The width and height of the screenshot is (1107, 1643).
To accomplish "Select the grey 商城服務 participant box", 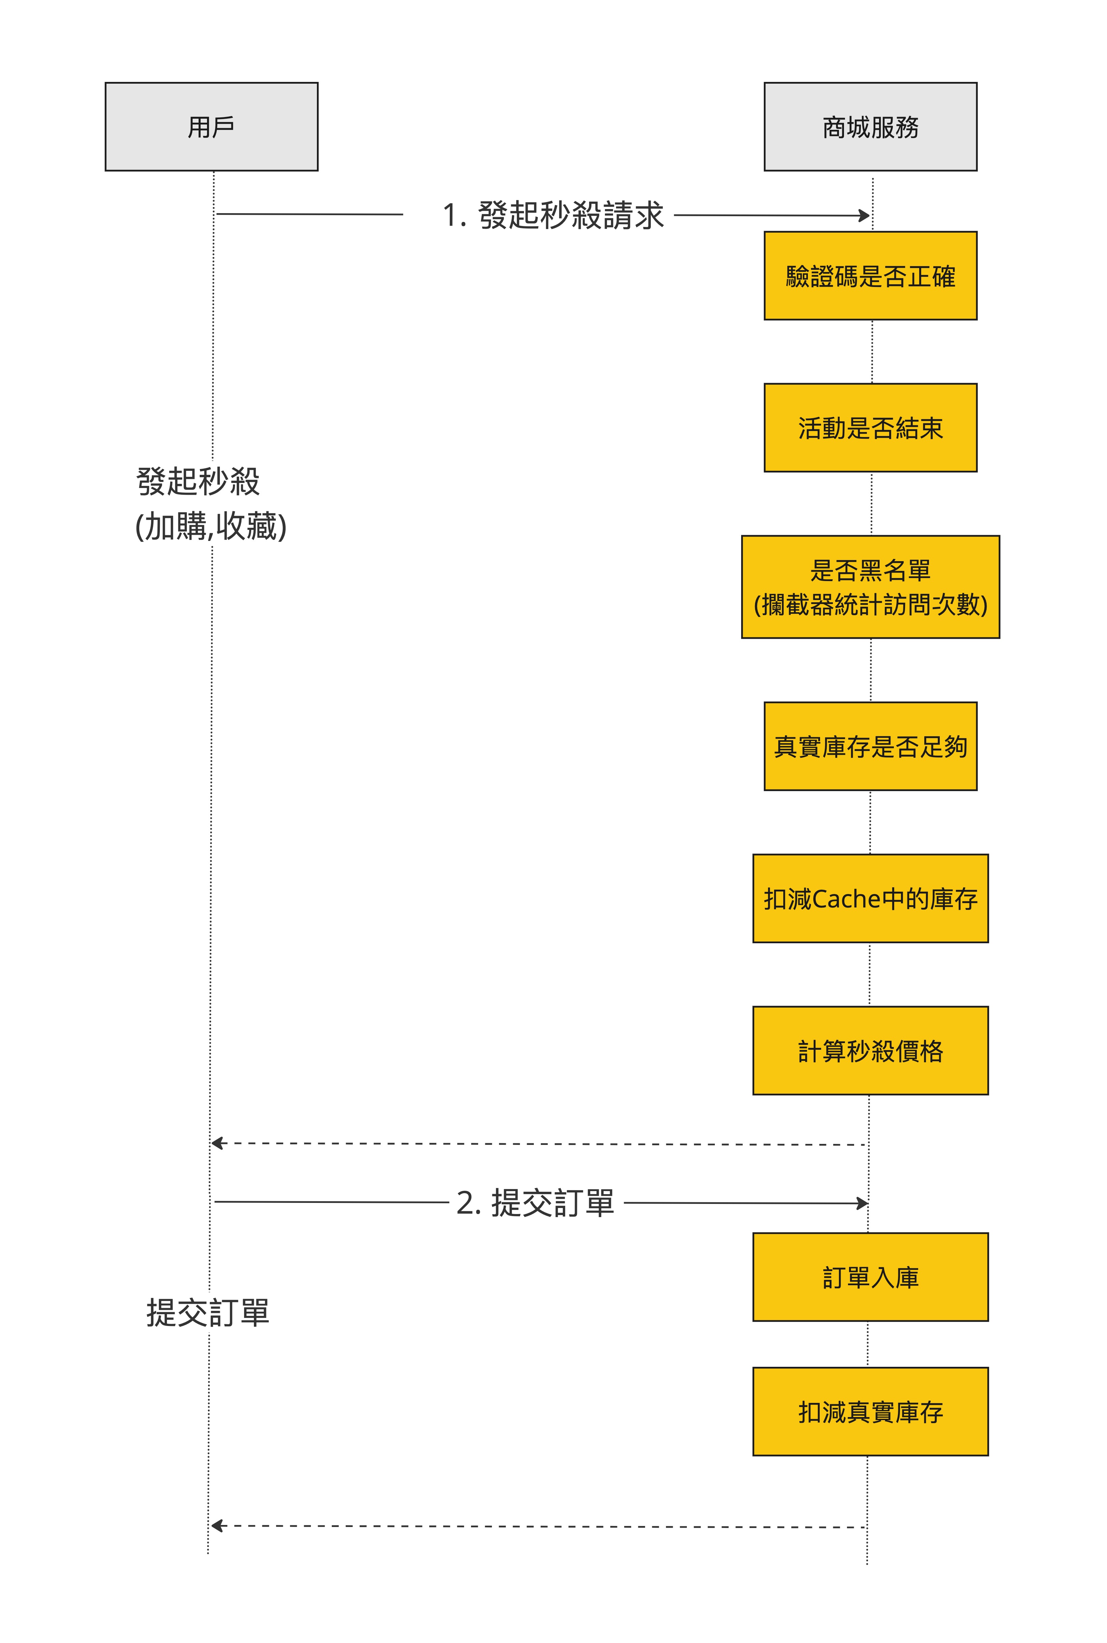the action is (x=871, y=126).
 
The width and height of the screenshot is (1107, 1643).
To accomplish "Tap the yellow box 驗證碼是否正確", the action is (x=871, y=276).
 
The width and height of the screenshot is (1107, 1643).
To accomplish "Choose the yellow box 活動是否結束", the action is (x=871, y=428).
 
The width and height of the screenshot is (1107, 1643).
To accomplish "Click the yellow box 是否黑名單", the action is (x=871, y=587).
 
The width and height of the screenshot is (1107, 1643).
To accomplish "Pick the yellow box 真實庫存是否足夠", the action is (x=871, y=746).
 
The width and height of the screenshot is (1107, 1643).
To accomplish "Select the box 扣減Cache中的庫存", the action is (x=871, y=898).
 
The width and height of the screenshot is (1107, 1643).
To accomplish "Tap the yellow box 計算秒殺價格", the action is (x=871, y=1050).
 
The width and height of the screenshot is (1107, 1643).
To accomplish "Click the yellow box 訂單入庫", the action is (x=871, y=1277).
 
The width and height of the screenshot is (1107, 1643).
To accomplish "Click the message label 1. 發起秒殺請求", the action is (x=553, y=214).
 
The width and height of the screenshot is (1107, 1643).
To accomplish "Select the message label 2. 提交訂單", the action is (x=535, y=1203).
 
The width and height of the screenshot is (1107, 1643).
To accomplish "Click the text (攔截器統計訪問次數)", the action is (x=871, y=604).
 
